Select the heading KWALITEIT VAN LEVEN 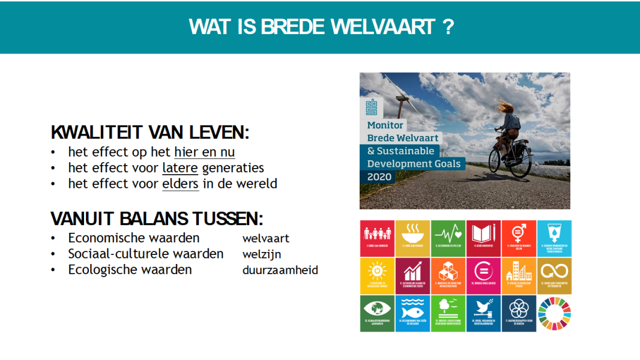click(x=149, y=133)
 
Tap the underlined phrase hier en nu click(x=205, y=152)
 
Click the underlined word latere click(x=180, y=168)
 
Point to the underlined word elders click(x=180, y=184)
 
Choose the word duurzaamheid click(x=280, y=270)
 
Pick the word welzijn click(x=262, y=254)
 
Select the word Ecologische click(x=102, y=269)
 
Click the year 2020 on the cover click(x=380, y=177)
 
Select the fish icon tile click(x=412, y=313)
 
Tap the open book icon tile click(x=483, y=238)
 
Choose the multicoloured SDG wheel click(x=554, y=313)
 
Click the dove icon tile click(x=483, y=313)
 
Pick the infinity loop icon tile click(x=554, y=275)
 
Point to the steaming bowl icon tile click(x=412, y=238)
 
